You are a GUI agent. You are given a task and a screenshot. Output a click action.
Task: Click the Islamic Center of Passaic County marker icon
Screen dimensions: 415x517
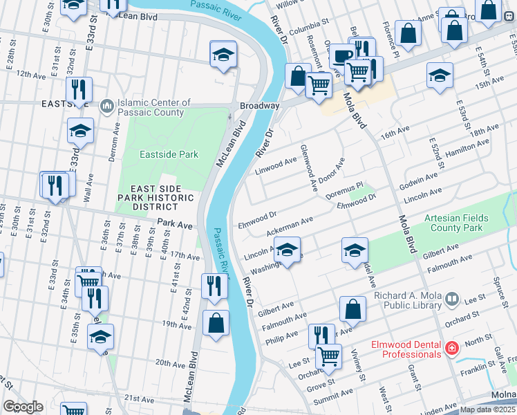coord(106,106)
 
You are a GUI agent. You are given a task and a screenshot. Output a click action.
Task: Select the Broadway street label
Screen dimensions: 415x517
coord(259,106)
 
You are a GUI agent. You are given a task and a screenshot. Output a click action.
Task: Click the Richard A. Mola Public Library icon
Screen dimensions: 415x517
coord(452,299)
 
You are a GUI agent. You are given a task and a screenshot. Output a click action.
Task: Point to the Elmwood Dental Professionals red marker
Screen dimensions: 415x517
coord(452,348)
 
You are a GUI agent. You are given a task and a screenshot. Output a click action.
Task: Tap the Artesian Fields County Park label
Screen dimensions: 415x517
coord(456,223)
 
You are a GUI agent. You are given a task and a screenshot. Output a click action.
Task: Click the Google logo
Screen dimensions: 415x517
coord(23,407)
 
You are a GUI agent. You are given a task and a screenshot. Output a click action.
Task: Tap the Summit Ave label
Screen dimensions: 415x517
coord(334,396)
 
